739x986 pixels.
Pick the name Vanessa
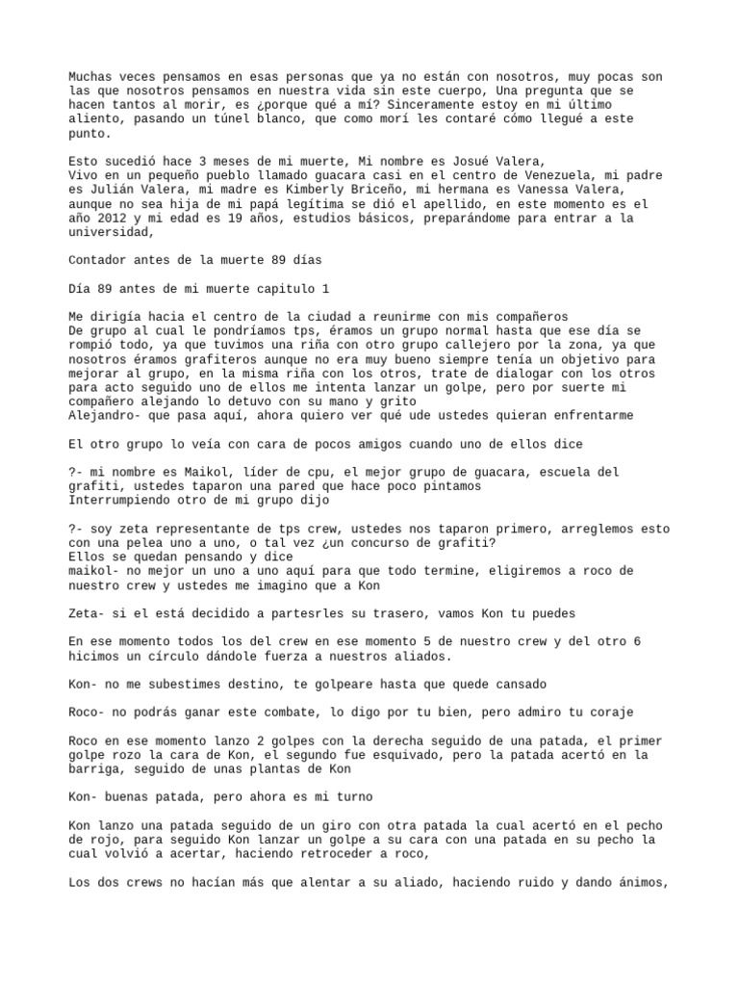(534, 191)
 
